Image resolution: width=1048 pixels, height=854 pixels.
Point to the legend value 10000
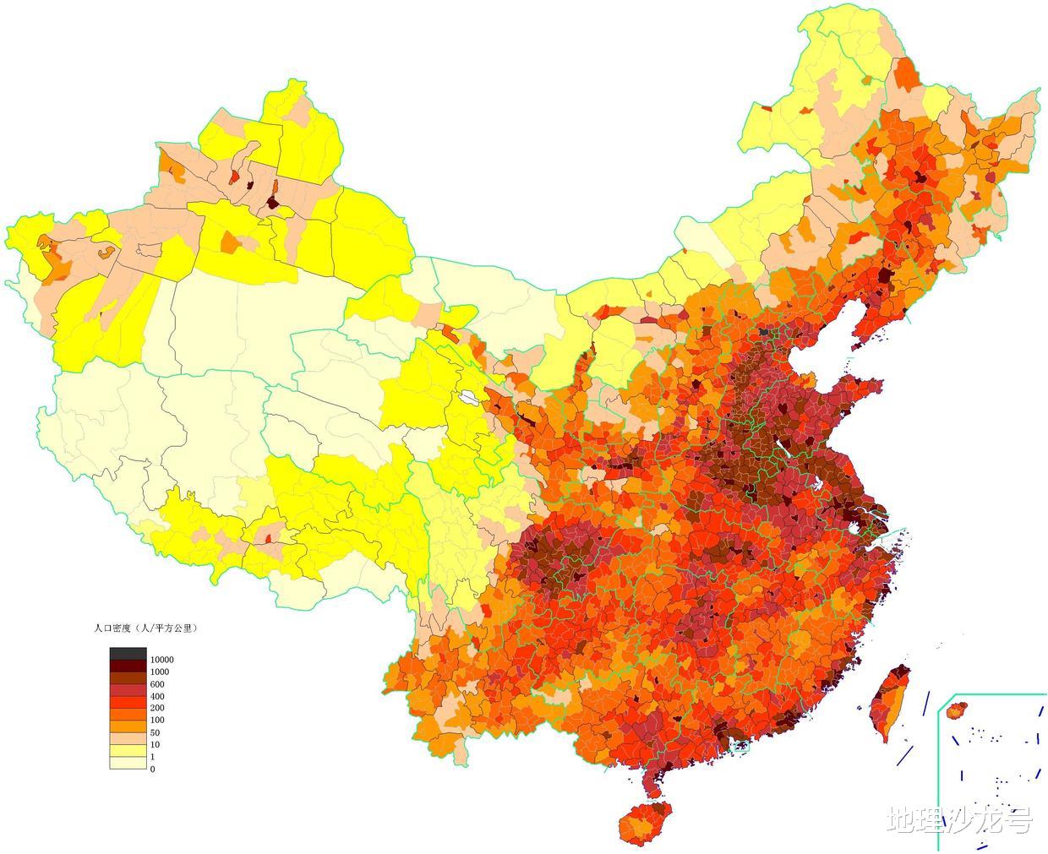point(161,659)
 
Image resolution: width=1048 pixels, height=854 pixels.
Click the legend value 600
point(157,683)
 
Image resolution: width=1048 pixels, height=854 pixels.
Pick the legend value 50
point(155,732)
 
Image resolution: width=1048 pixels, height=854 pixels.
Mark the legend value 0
point(152,769)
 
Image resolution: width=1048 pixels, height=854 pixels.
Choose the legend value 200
point(157,708)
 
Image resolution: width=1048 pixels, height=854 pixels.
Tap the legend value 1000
point(159,672)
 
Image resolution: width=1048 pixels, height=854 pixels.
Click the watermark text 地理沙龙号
point(959,819)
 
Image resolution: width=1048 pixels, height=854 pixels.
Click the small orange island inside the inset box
point(957,711)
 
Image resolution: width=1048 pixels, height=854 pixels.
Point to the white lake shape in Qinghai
point(467,396)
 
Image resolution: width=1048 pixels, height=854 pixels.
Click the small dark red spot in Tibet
point(269,537)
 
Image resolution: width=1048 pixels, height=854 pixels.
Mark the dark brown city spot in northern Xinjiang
point(272,202)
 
